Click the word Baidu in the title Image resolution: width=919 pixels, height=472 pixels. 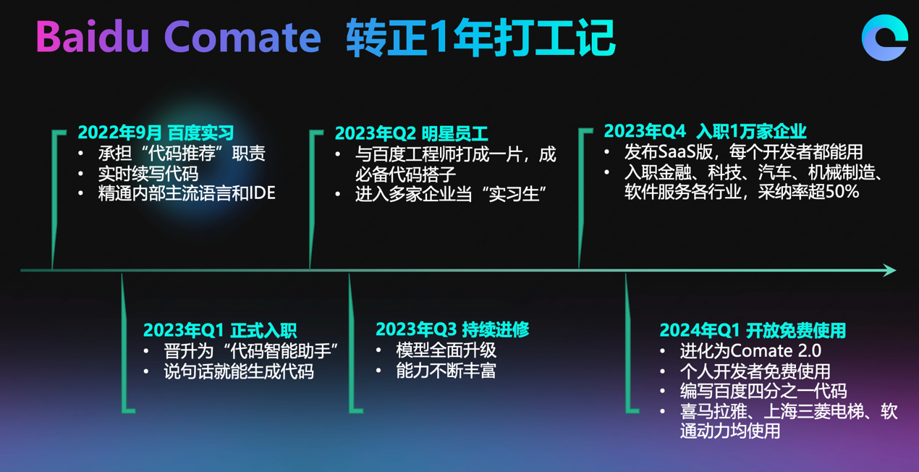[93, 37]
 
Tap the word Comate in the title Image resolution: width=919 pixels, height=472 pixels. [242, 38]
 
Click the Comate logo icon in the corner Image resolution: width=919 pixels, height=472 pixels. [884, 38]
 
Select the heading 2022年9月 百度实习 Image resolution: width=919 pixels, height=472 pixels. [156, 132]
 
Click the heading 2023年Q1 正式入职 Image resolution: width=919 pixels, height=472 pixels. [220, 330]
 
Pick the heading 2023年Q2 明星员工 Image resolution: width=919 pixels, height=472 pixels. [411, 133]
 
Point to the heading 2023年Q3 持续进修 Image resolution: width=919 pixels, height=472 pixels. [452, 329]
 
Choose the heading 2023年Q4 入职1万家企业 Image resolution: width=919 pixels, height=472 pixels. [706, 131]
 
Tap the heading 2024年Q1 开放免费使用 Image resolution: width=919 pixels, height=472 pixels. [753, 330]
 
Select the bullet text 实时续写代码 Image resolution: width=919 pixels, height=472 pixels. [148, 174]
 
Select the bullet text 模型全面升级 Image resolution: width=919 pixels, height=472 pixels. [446, 350]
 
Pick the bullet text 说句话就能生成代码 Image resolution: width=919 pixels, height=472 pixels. [239, 371]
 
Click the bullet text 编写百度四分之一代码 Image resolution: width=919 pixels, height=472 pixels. [763, 391]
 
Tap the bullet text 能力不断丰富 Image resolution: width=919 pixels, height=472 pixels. [446, 371]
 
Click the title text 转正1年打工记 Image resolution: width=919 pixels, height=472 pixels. [480, 38]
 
